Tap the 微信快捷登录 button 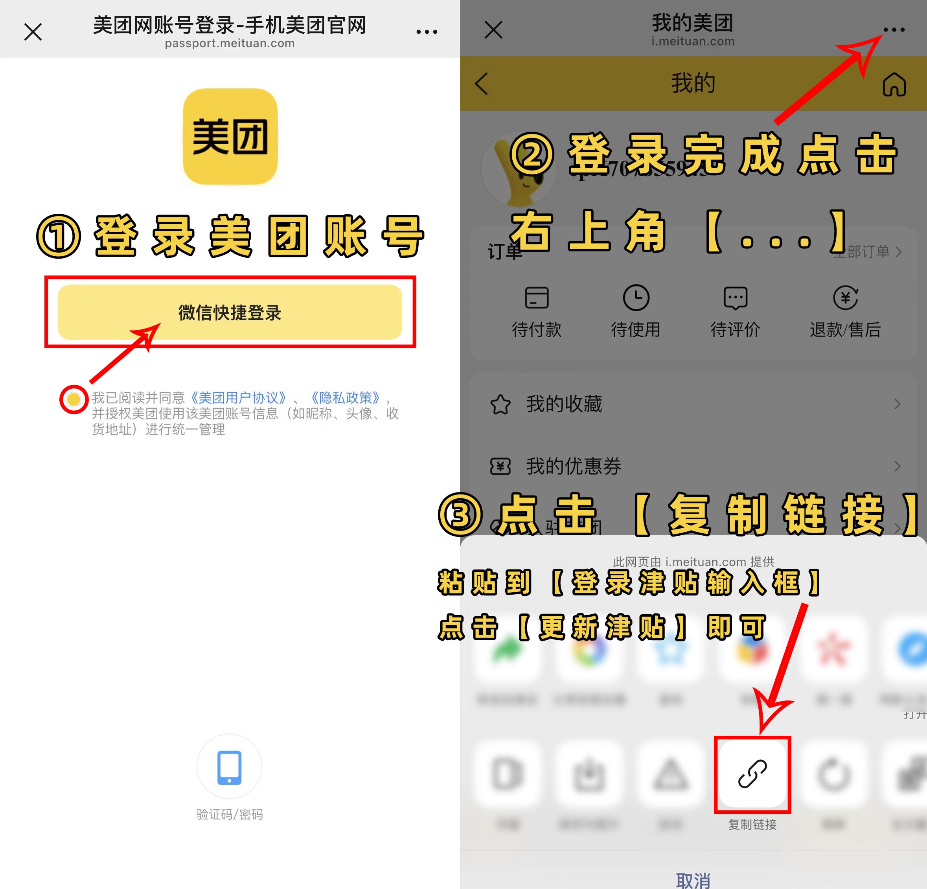[230, 312]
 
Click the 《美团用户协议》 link [238, 398]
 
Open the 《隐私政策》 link [345, 398]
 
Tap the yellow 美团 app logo [230, 137]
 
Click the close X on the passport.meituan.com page [33, 32]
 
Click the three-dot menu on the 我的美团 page [894, 30]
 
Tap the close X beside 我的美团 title [493, 30]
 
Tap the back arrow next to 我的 [482, 84]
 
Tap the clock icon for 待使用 [636, 298]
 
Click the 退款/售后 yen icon [845, 298]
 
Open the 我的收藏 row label [564, 404]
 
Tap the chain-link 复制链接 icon [752, 775]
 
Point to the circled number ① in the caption [59, 237]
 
